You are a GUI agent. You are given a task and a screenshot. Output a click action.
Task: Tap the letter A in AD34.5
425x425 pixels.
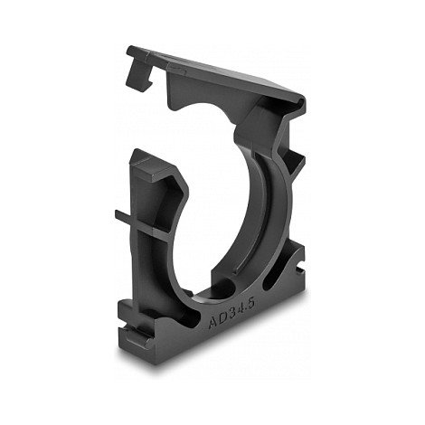(213, 323)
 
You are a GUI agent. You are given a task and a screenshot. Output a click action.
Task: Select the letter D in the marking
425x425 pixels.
(222, 318)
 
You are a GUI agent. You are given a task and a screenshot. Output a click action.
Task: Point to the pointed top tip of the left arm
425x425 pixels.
(137, 151)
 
